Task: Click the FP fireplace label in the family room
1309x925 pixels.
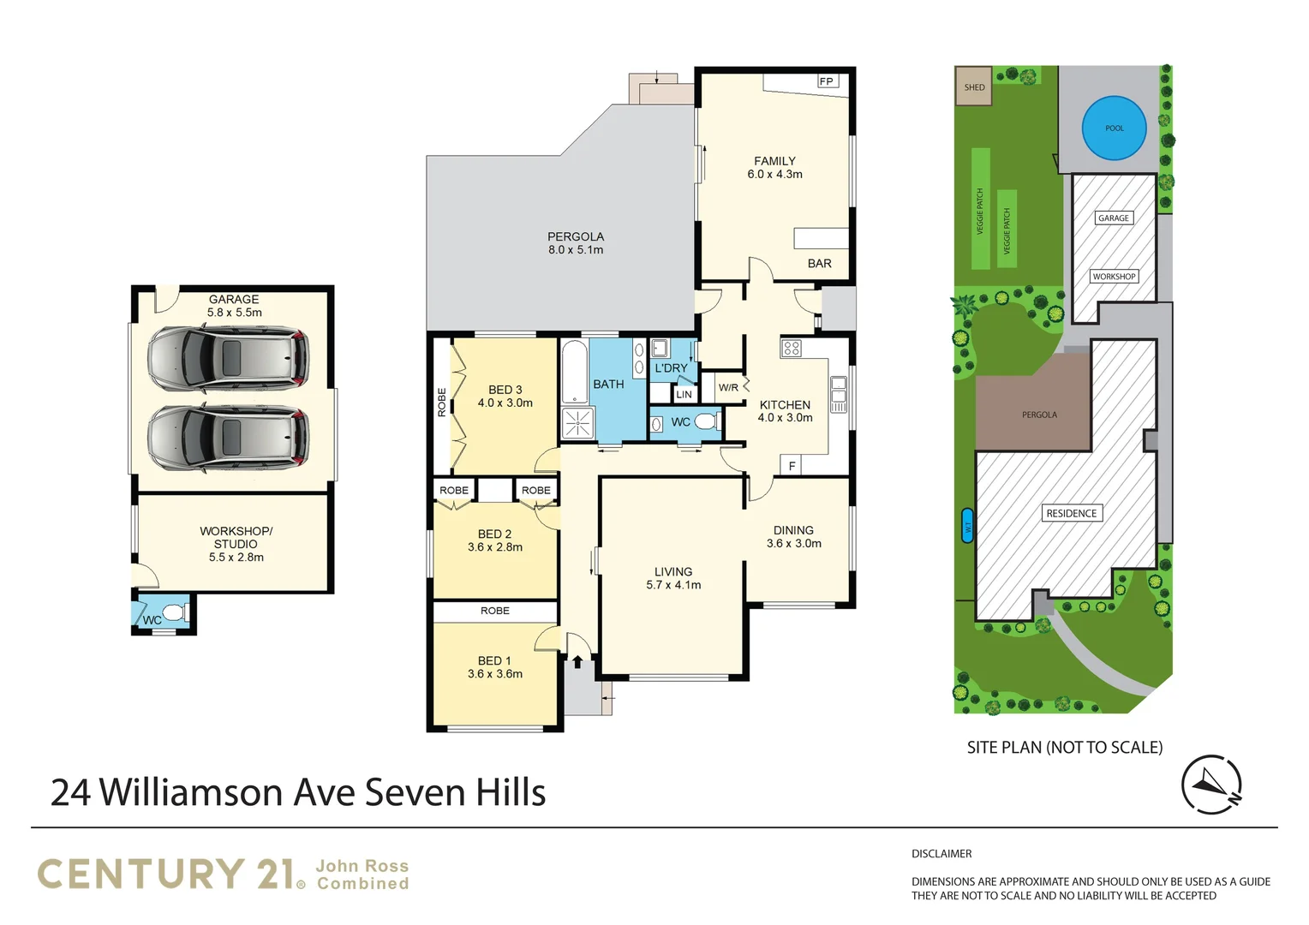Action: [x=827, y=81]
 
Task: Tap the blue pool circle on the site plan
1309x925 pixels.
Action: [x=1114, y=128]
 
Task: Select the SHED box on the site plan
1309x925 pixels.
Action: [x=974, y=87]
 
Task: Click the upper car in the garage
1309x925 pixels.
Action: [x=228, y=358]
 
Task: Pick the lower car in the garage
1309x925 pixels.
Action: [x=228, y=437]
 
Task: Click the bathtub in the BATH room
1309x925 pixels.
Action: [x=575, y=371]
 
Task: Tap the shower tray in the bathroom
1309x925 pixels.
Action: [x=577, y=422]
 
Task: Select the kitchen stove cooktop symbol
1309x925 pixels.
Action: [x=792, y=348]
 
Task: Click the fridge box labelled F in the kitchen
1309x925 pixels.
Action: [x=792, y=466]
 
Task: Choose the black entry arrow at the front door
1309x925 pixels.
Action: [x=577, y=661]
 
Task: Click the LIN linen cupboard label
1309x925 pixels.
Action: [x=684, y=394]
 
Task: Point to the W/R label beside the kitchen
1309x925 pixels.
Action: [x=728, y=388]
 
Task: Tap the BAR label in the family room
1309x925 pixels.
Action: [x=819, y=264]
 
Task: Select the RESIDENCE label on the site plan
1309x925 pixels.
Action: [x=1071, y=513]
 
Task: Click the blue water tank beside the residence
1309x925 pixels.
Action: [x=968, y=527]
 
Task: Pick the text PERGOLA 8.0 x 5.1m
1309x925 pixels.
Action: [x=576, y=243]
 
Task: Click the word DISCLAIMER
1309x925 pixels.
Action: [x=941, y=854]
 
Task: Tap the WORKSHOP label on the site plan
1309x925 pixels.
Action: [x=1114, y=277]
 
